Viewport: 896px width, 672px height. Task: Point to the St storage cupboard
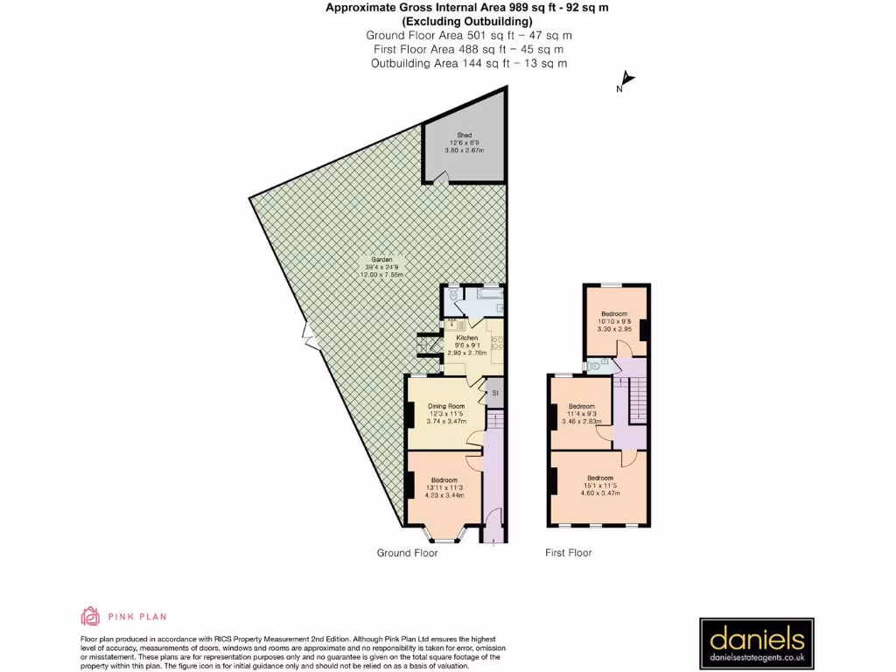(494, 394)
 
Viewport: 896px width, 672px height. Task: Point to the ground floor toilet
(451, 298)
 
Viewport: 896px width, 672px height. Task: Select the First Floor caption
(568, 553)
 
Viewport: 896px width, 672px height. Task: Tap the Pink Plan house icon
(89, 616)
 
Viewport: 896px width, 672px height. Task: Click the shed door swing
(444, 179)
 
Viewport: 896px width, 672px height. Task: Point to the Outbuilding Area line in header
(468, 63)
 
